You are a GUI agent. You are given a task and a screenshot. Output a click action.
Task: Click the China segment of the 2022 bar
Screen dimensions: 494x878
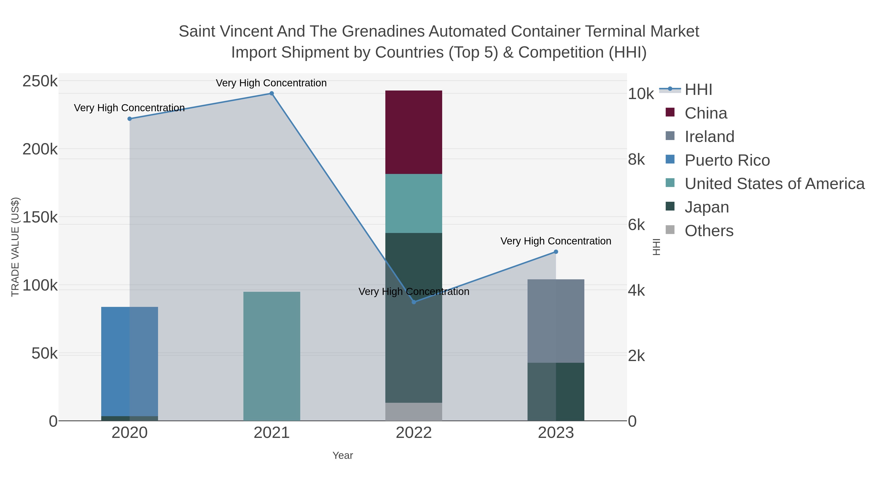pos(413,132)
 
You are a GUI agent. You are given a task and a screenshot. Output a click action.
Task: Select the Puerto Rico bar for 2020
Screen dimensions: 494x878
pos(130,361)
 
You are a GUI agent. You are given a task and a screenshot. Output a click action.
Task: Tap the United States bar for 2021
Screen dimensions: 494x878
pos(272,356)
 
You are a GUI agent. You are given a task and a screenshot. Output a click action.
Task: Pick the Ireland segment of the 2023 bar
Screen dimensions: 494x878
pos(556,321)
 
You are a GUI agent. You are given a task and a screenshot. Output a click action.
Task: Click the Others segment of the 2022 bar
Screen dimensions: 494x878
pos(413,412)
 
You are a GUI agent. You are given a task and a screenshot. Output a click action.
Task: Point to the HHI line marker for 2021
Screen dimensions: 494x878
pos(272,93)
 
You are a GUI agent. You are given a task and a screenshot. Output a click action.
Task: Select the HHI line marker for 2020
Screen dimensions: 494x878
pos(130,119)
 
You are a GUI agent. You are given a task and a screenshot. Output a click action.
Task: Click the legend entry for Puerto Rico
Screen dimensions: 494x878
pos(727,160)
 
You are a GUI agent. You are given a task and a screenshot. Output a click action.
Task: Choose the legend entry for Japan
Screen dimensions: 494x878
pos(707,207)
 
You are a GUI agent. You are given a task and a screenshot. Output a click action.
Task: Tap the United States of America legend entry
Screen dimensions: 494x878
pos(774,184)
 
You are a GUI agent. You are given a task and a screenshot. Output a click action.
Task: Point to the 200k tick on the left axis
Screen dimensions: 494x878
pos(40,149)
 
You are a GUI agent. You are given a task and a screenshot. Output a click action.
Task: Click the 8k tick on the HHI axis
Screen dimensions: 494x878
pos(636,160)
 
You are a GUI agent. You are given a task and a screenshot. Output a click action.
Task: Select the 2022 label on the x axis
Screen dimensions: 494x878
pos(413,433)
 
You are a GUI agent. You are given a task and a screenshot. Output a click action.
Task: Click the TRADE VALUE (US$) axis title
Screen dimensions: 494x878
pos(15,247)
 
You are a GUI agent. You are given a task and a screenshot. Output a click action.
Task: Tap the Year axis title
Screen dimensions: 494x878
pos(343,455)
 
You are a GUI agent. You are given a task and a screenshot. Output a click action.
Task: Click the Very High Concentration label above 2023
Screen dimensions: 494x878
pos(556,241)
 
